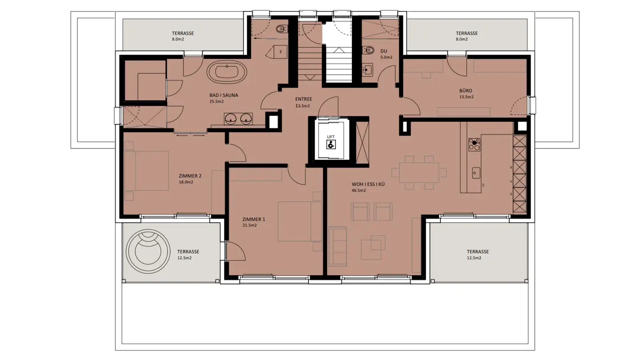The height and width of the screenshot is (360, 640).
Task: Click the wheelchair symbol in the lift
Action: pos(331,144)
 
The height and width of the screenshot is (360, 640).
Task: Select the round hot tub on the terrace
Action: pos(148,252)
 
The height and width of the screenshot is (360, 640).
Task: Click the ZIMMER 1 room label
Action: pos(254,220)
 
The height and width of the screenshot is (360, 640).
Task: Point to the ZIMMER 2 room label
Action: pos(190,176)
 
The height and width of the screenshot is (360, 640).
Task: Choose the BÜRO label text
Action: pos(466,90)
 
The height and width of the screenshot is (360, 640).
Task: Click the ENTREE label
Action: pos(304,99)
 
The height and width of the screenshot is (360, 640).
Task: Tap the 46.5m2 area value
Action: pos(359,191)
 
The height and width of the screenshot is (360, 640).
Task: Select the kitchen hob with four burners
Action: pos(474,145)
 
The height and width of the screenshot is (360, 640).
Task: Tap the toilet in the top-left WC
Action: pos(280,30)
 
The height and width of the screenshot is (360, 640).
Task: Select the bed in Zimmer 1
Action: pos(300,221)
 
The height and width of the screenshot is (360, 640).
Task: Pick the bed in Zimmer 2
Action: pos(147,171)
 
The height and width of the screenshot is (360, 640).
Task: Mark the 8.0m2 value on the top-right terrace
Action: pos(462,39)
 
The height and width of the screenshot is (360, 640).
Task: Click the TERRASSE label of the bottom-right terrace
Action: pos(477,251)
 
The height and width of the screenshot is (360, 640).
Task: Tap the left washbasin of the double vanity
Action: pos(230,118)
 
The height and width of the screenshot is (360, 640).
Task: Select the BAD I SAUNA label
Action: pos(224,95)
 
